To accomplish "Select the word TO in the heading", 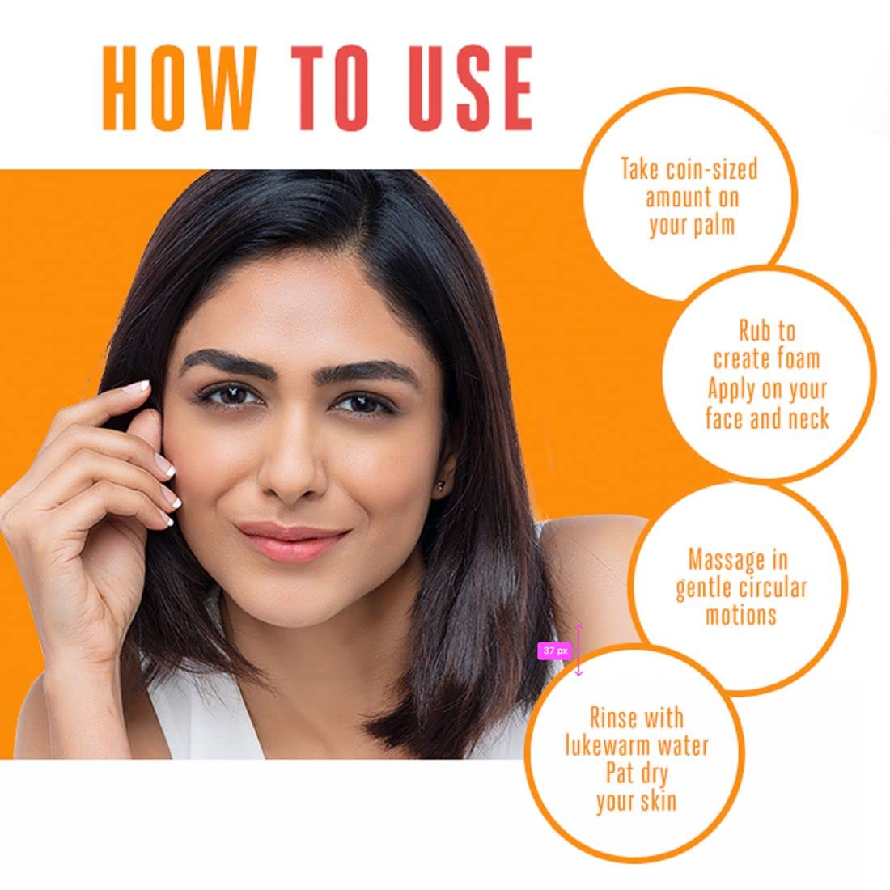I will tap(332, 89).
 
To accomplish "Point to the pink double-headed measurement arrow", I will tap(578, 649).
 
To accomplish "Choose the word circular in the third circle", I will tap(774, 587).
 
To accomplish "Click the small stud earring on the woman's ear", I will tap(442, 485).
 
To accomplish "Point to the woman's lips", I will tap(292, 539).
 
